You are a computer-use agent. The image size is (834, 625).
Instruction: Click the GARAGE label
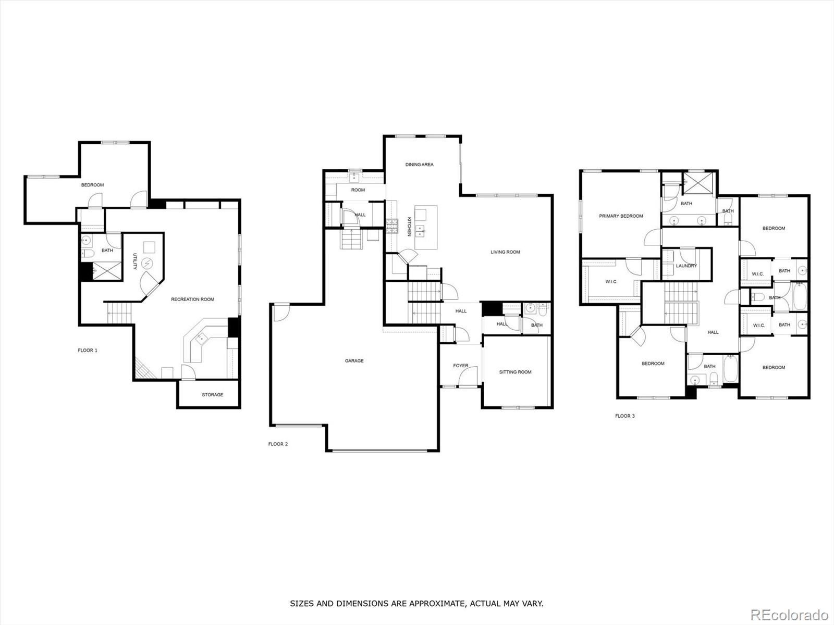[354, 360]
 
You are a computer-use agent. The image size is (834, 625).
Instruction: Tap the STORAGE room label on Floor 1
[212, 395]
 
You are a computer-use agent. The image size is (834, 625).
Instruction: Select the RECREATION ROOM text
[192, 299]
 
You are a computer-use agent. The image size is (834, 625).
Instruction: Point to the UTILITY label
[134, 261]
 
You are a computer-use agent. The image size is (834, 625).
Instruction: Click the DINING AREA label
[419, 165]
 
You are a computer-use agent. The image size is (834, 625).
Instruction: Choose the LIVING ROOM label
[505, 252]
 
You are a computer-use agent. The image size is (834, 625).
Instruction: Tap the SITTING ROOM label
[515, 372]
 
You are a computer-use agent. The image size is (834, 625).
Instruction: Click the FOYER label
[460, 366]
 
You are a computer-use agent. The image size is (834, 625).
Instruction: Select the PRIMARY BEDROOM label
[621, 216]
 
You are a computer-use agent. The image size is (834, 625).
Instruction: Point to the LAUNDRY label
[686, 266]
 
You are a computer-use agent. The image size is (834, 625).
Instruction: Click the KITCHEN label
[409, 227]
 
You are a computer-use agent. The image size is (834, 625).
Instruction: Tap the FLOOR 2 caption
[278, 444]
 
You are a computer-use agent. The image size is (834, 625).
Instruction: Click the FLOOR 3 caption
[625, 416]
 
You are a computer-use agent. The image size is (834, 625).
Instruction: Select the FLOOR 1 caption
[88, 351]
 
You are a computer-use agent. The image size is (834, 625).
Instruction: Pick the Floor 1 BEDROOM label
[92, 185]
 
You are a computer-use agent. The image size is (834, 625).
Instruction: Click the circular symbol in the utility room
[147, 264]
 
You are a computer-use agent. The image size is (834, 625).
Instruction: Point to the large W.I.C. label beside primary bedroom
[611, 282]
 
